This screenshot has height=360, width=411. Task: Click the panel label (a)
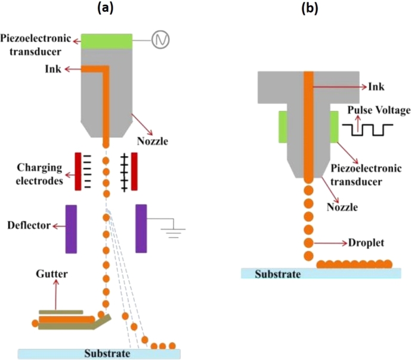tap(106, 8)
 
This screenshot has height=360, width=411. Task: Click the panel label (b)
tap(310, 8)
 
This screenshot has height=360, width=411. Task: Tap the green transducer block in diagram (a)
tap(106, 41)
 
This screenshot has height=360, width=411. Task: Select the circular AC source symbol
tap(160, 40)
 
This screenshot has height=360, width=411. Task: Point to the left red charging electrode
tap(78, 172)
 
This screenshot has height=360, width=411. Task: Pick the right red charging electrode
tap(134, 172)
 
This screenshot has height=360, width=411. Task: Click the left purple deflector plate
tap(71, 229)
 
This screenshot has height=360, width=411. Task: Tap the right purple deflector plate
tap(141, 228)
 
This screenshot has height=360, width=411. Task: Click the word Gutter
tap(52, 274)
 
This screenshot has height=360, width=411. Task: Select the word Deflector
tap(29, 225)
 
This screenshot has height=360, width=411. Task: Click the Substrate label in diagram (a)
tap(107, 353)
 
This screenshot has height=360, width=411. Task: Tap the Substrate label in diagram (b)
tap(278, 274)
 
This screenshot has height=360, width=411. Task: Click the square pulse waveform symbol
tap(367, 130)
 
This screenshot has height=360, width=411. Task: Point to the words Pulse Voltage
tap(379, 110)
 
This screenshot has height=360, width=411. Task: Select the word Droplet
tap(366, 243)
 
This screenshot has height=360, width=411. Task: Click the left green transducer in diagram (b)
tap(283, 127)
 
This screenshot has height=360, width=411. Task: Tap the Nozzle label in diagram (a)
tap(152, 141)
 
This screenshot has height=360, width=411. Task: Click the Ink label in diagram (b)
tap(376, 86)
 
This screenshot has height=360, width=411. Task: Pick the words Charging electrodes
tap(39, 174)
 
